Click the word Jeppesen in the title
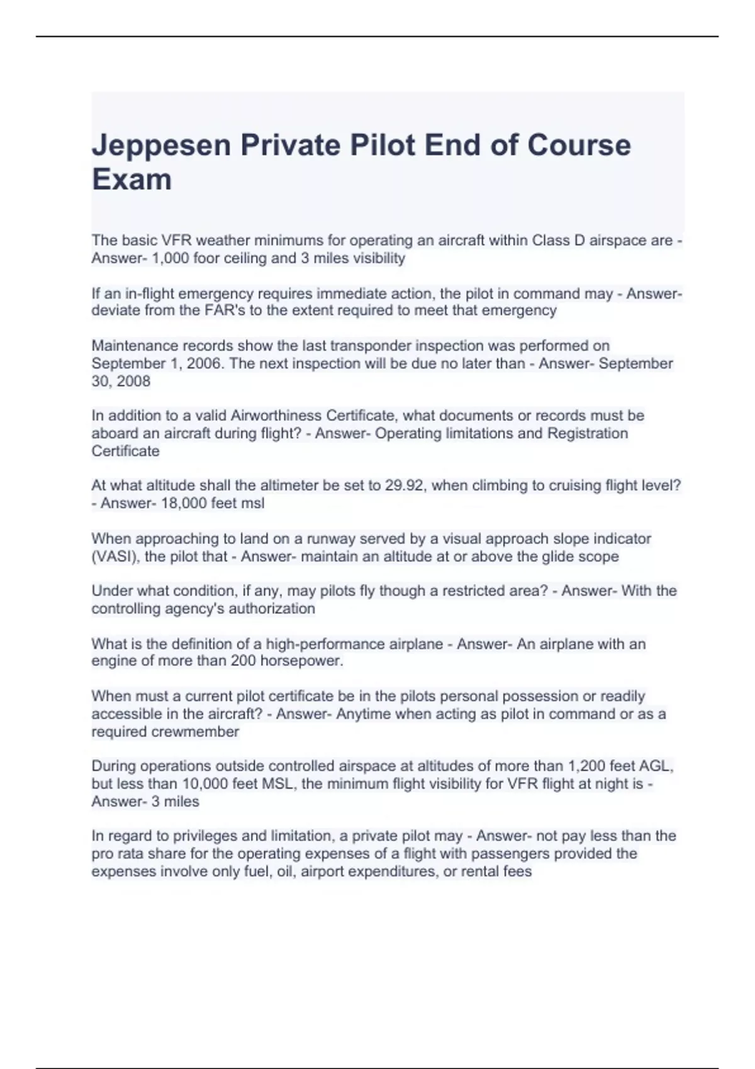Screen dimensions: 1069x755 point(162,146)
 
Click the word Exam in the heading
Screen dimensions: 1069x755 point(131,180)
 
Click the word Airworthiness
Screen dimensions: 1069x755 point(276,416)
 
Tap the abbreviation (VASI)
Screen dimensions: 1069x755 point(115,557)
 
